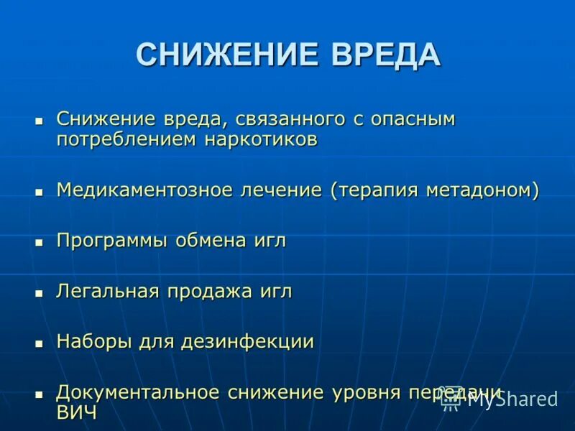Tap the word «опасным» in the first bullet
[413, 119]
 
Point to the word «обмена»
[211, 241]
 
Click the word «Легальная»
[109, 292]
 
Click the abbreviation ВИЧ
[77, 412]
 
